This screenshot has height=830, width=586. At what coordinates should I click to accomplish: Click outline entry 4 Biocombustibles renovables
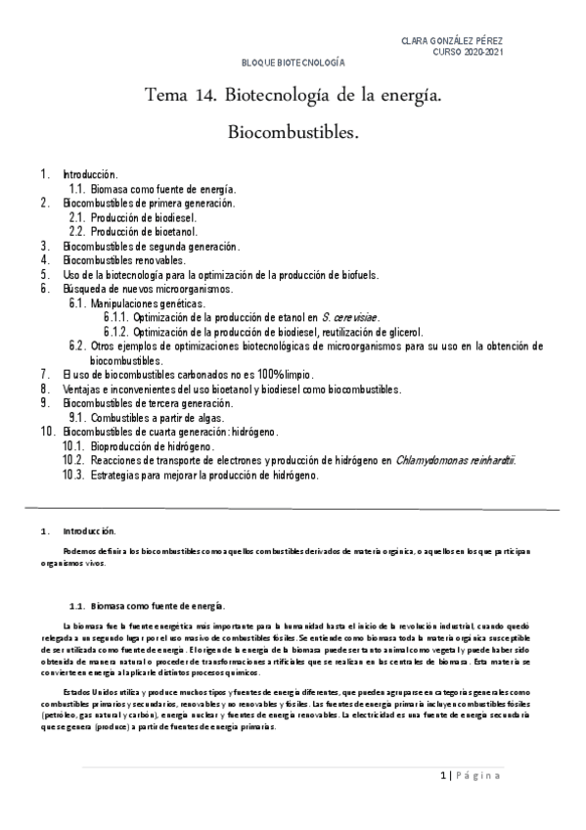(x=123, y=261)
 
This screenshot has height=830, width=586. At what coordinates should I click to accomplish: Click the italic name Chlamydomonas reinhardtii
(x=455, y=459)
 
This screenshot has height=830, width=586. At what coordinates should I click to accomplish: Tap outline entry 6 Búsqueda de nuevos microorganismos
(x=148, y=289)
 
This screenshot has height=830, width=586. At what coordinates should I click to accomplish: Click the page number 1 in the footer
(x=442, y=776)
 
